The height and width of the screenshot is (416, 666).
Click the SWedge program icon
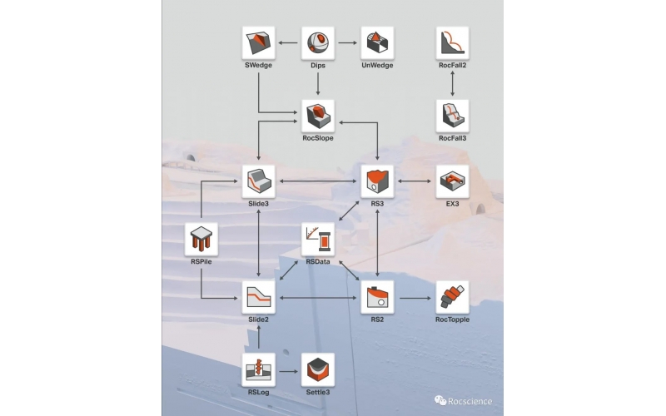(259, 42)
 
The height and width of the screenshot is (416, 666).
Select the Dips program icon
(317, 42)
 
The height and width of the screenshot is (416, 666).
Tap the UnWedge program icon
(376, 42)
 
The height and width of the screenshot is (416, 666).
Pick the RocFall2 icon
(452, 42)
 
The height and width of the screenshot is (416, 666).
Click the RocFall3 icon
(452, 116)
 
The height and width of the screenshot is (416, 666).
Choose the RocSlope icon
(317, 116)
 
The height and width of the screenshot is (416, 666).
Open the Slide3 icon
(259, 181)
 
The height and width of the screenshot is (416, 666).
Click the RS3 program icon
(376, 181)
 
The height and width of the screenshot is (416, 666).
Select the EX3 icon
(452, 181)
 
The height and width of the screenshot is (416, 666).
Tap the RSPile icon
(201, 239)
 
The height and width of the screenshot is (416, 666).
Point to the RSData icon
(317, 239)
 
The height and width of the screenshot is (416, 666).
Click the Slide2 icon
(259, 297)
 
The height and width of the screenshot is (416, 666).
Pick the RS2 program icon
(376, 297)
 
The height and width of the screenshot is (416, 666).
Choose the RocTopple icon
(452, 297)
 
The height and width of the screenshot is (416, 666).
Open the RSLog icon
(259, 369)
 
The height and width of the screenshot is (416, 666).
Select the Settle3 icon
(317, 369)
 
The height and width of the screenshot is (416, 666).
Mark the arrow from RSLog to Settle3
(288, 369)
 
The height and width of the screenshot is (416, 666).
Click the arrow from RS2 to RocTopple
(414, 297)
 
